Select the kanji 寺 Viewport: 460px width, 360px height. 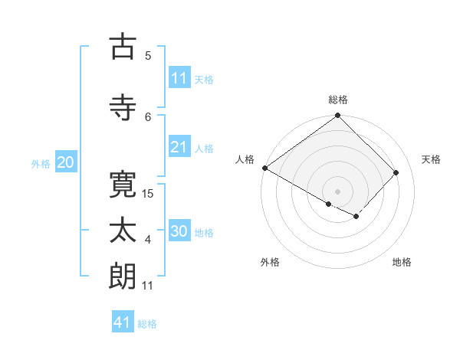pyautogui.click(x=123, y=106)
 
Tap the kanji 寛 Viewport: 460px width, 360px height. pyautogui.click(x=123, y=183)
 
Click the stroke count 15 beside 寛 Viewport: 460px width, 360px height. pyautogui.click(x=149, y=193)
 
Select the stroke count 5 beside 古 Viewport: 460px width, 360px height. pyautogui.click(x=148, y=55)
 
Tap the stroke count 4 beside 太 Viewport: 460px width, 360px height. pyautogui.click(x=148, y=240)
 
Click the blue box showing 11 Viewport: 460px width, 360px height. pyautogui.click(x=179, y=78)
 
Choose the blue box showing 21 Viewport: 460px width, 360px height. pyautogui.click(x=179, y=147)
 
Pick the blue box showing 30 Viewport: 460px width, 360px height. pyautogui.click(x=179, y=231)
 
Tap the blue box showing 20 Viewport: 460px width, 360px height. pyautogui.click(x=66, y=162)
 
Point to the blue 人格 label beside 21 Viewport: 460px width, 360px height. pyautogui.click(x=204, y=148)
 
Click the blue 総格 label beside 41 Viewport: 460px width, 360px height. pyautogui.click(x=147, y=323)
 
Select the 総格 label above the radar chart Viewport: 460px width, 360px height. pyautogui.click(x=337, y=100)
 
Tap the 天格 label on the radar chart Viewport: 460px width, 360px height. pyautogui.click(x=431, y=159)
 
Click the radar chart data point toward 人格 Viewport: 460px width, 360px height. pyautogui.click(x=264, y=168)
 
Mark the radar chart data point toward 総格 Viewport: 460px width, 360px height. pyautogui.click(x=337, y=116)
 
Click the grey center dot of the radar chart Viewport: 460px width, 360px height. pyautogui.click(x=337, y=190)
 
